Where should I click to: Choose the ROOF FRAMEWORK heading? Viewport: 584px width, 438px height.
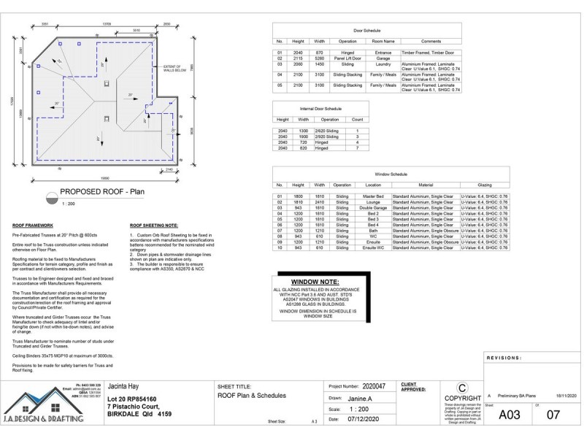pos(34,226)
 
